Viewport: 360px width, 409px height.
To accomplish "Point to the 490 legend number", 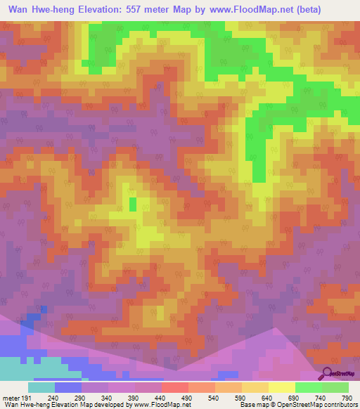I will tap(187, 397).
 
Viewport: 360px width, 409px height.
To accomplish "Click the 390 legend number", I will tap(134, 397).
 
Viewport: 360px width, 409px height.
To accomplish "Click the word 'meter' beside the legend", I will tap(11, 397).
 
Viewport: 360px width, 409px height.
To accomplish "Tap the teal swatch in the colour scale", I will tap(41, 387).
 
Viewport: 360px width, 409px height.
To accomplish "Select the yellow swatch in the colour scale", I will tap(281, 387).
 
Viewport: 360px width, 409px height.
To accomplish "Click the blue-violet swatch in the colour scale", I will tap(67, 387).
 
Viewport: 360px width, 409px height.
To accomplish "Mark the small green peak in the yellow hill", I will tap(132, 204).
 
